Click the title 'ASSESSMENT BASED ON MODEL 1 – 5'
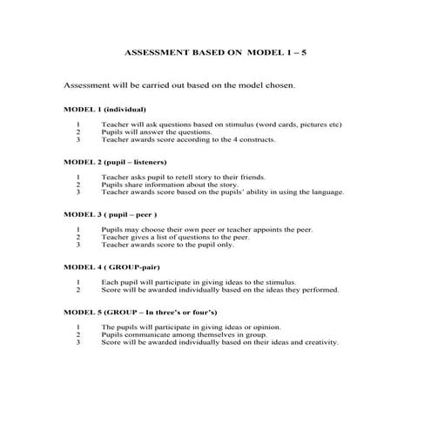click(216, 52)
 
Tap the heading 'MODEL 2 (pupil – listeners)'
click(115, 162)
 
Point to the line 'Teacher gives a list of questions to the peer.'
click(175, 237)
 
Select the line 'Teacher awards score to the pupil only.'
click(167, 245)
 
